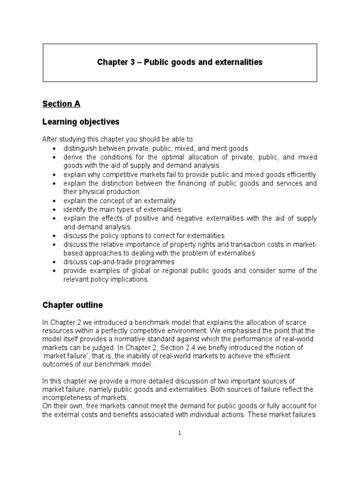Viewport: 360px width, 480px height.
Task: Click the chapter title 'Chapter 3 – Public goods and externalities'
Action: pos(180,62)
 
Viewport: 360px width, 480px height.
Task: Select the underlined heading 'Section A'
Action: pos(62,104)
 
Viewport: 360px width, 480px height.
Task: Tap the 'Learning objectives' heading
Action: pos(81,122)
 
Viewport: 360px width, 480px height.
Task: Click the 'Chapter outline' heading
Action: pos(73,305)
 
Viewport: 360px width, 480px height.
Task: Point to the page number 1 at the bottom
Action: pos(180,433)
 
